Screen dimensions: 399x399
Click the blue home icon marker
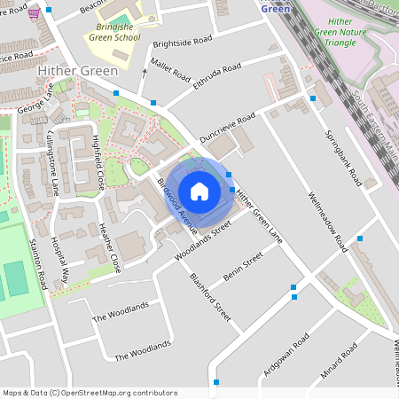tap(199, 192)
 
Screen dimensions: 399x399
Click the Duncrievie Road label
tap(227, 129)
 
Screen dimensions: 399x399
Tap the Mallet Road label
tap(170, 68)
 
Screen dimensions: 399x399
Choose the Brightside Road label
tap(183, 42)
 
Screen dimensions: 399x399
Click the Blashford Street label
tap(210, 296)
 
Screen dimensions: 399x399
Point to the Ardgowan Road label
tap(286, 356)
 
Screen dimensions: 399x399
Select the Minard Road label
tap(338, 359)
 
